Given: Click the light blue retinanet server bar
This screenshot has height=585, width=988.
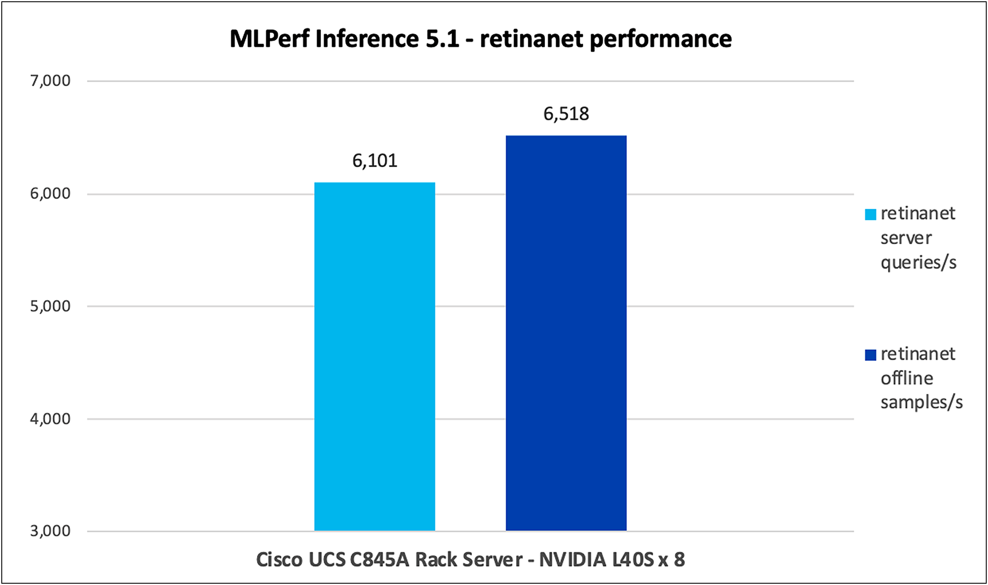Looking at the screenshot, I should (x=374, y=356).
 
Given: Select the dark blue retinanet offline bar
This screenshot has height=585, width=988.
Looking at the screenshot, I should (x=566, y=333).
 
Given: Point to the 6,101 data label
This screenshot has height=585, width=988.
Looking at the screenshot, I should (x=374, y=161).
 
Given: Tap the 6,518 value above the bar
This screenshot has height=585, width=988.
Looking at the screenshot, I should (x=566, y=114).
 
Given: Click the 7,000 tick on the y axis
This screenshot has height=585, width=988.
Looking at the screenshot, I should (x=50, y=81).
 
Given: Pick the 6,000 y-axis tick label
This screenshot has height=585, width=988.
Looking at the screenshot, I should (x=50, y=193).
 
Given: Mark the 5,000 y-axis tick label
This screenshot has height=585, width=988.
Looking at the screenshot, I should (x=50, y=306).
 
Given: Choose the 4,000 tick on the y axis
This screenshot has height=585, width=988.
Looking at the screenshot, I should (x=50, y=419).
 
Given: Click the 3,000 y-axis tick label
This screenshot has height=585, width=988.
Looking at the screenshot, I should (x=50, y=531).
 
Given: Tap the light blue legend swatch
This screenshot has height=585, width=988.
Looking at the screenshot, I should (x=870, y=214).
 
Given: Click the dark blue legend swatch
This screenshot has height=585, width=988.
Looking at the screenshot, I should (x=870, y=354).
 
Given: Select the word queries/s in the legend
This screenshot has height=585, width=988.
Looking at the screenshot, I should (x=918, y=263).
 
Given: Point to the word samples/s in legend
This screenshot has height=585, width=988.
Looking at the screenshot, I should (x=921, y=402).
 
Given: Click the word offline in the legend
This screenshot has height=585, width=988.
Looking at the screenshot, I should (x=907, y=378).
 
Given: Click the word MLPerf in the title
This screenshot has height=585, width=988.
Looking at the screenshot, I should (x=269, y=39).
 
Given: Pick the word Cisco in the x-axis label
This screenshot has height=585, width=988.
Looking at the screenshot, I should (x=279, y=560).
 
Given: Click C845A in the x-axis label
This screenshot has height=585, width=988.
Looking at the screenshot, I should (x=379, y=560).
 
